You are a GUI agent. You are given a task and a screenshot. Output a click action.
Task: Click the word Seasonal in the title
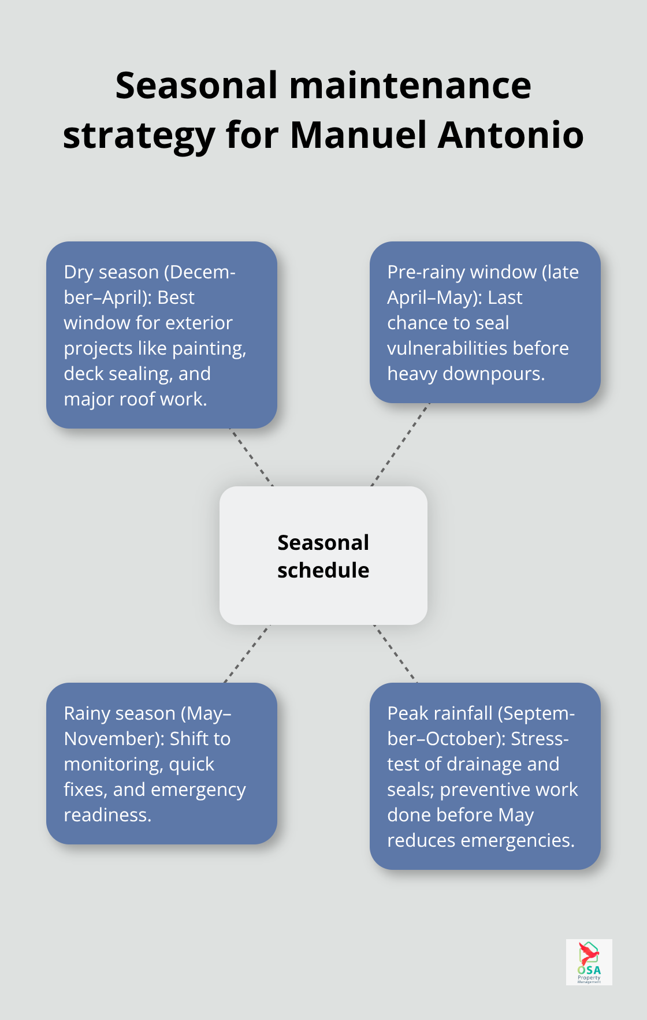196,85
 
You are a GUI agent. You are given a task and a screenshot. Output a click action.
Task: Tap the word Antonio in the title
511,135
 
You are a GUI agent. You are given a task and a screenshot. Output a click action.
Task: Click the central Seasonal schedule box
323,556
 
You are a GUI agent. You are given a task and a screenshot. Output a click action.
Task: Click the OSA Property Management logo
589,962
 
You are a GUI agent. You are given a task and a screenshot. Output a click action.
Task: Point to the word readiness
107,815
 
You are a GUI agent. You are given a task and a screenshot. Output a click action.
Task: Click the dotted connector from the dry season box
252,457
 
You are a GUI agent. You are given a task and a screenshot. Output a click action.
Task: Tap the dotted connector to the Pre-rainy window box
400,445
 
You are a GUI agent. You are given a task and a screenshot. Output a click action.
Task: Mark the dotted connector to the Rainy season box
247,654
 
